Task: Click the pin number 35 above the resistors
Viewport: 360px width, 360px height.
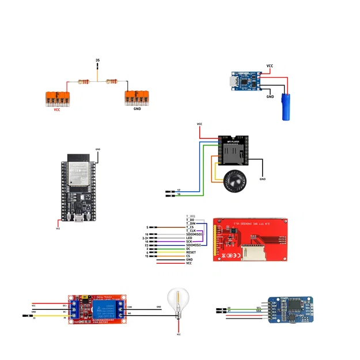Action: [97, 60]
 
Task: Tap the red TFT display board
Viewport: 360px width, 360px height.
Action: [251, 240]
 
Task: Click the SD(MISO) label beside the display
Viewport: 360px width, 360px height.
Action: [194, 234]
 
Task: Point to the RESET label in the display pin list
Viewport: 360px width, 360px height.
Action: [191, 252]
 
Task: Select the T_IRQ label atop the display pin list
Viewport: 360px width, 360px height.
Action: [190, 215]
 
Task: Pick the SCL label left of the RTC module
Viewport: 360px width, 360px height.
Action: [259, 308]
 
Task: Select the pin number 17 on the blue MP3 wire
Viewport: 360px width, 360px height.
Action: [179, 190]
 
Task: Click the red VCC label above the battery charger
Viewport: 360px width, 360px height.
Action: [270, 66]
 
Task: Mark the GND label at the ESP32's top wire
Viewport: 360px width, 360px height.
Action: [98, 149]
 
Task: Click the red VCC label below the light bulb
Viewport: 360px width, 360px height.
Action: [179, 335]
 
